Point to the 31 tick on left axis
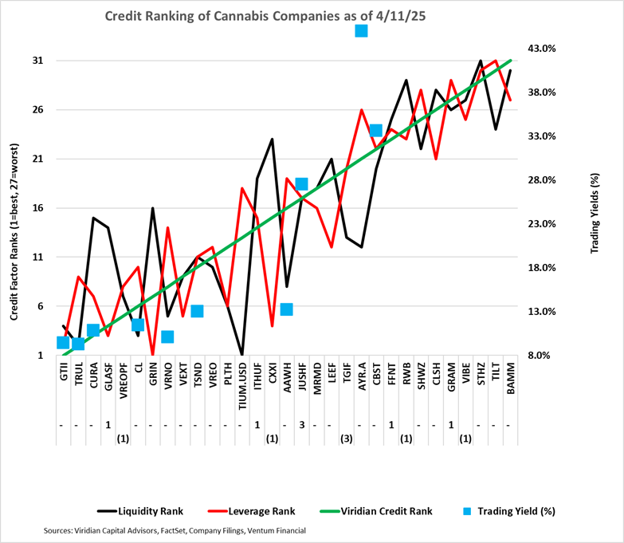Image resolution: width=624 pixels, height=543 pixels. tap(37, 61)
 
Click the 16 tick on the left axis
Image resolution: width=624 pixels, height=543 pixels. tap(37, 208)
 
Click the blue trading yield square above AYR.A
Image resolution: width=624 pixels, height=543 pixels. tap(361, 30)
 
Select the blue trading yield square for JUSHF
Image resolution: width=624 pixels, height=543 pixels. tap(301, 184)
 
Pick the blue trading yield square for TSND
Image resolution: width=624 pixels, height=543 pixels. tap(197, 311)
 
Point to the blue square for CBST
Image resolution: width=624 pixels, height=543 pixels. tap(376, 130)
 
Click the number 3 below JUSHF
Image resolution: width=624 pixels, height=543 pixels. tap(301, 424)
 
